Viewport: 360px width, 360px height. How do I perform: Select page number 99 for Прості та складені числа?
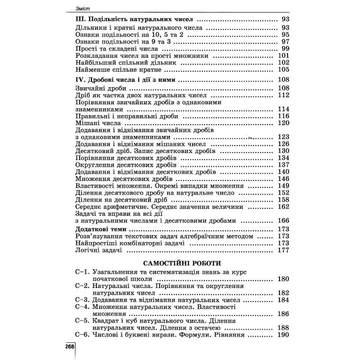pos(283,49)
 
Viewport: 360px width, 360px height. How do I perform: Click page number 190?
pos(281,335)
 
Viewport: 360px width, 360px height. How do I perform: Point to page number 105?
pos(281,70)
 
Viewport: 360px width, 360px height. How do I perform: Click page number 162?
pos(281,207)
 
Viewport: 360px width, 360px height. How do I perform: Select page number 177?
pos(281,251)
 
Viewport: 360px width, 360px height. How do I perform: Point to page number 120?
pos(281,123)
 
